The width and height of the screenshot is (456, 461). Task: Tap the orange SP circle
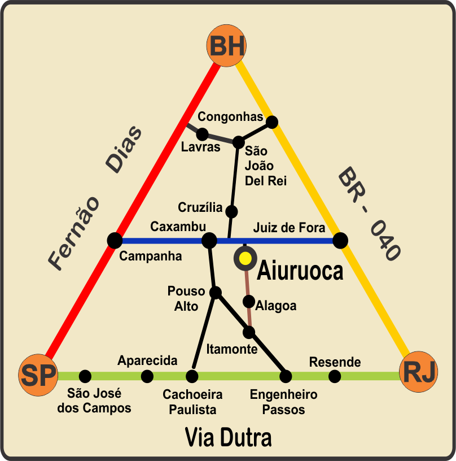tap(38, 375)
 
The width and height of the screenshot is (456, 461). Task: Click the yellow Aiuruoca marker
tap(245, 258)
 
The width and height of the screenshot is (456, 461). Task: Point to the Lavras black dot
tap(202, 134)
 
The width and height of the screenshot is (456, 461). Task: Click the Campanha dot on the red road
tap(115, 240)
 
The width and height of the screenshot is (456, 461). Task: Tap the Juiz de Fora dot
tap(340, 241)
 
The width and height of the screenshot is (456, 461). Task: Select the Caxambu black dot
tap(209, 240)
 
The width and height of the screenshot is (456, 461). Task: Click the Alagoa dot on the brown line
tap(249, 302)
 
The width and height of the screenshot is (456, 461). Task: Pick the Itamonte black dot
tap(249, 332)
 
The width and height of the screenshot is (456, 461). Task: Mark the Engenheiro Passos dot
tap(286, 376)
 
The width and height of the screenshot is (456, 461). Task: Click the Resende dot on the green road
tap(335, 376)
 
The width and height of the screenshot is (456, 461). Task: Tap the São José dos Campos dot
tap(85, 376)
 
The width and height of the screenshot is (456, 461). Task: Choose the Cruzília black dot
tap(231, 211)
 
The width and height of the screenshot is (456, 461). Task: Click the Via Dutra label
tap(229, 438)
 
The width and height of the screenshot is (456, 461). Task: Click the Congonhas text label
tap(230, 117)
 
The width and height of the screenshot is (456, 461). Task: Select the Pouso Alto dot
tap(215, 292)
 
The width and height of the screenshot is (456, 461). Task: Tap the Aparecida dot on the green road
tap(147, 376)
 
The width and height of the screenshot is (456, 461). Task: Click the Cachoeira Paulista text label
tap(192, 402)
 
